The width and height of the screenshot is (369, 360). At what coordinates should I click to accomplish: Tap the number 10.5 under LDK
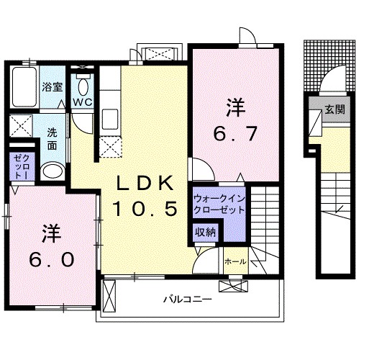144,210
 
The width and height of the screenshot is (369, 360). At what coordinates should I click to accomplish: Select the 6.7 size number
234,134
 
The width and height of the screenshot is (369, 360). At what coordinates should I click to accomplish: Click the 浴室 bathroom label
51,87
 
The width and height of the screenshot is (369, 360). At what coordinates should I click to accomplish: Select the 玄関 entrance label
333,110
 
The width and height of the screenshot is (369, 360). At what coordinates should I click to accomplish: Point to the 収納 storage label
205,232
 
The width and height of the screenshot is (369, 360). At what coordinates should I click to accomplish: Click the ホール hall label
236,261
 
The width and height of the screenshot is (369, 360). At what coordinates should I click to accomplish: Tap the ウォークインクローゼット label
218,203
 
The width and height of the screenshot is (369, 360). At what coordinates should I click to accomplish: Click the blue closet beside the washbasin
20,168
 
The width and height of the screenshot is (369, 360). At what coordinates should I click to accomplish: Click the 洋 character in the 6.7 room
234,108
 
